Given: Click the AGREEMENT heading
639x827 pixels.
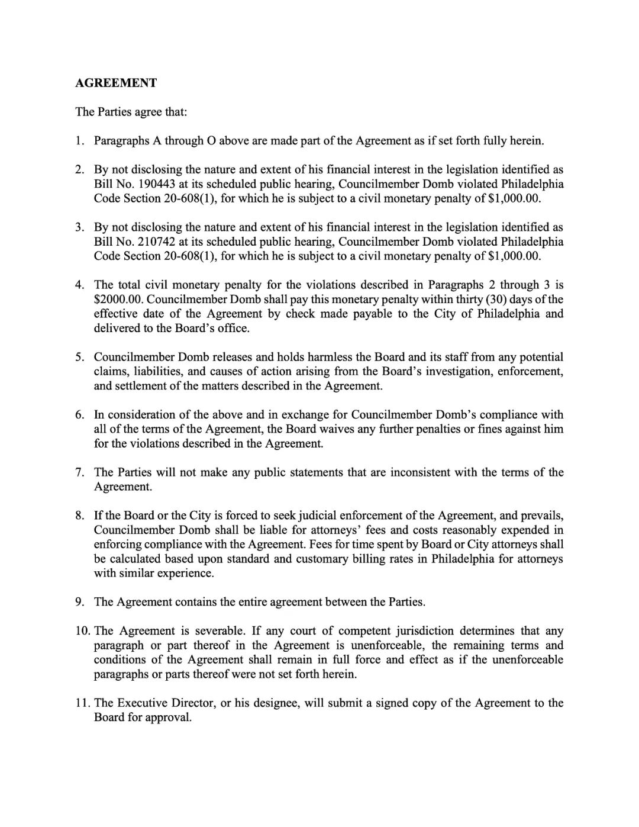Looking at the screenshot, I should coord(116,83).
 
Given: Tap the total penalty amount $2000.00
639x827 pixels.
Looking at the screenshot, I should coord(117,300).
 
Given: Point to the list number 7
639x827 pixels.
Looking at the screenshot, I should coord(80,472).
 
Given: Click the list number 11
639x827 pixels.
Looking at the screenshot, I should coord(82,703).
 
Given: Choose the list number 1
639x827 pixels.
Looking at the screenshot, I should coord(80,141).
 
